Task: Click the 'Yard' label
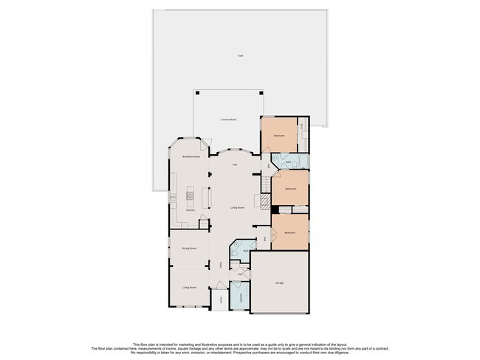pyautogui.click(x=240, y=56)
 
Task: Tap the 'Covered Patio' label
pyautogui.click(x=228, y=120)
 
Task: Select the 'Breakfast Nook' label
pyautogui.click(x=192, y=157)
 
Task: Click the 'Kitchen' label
pyautogui.click(x=191, y=210)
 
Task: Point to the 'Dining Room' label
pyautogui.click(x=189, y=249)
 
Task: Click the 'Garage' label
pyautogui.click(x=280, y=283)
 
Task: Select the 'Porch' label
pyautogui.click(x=221, y=300)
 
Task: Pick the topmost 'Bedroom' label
pyautogui.click(x=279, y=136)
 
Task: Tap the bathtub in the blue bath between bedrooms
pyautogui.click(x=302, y=163)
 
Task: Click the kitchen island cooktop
pyautogui.click(x=190, y=195)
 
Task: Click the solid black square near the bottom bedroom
pyautogui.click(x=274, y=209)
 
